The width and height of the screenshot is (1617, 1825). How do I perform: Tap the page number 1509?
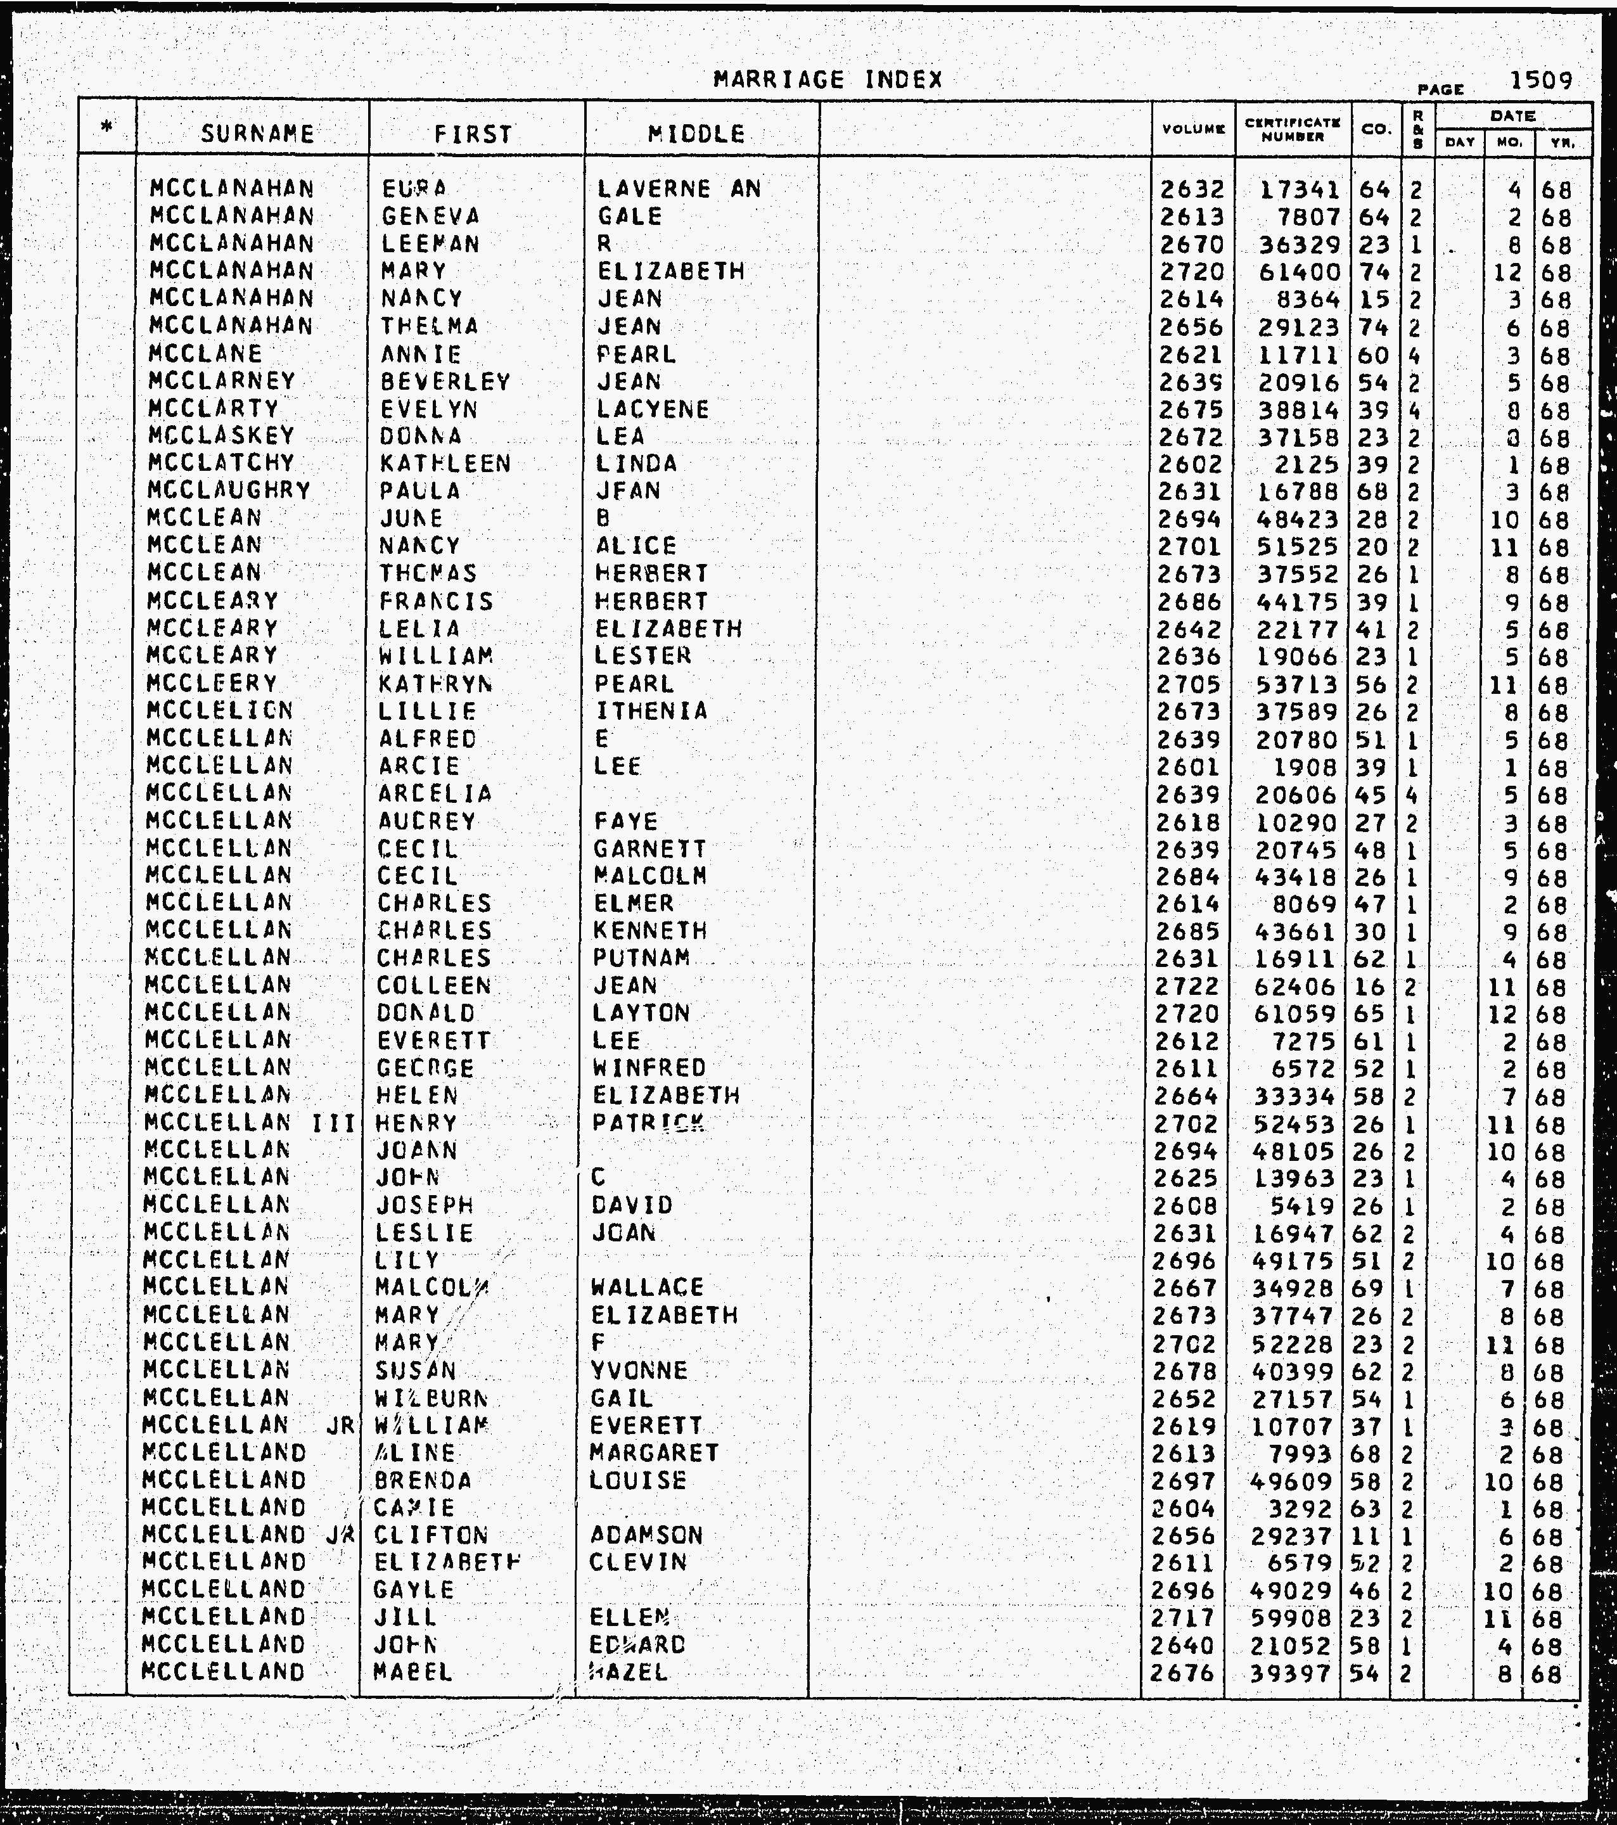coord(1540,80)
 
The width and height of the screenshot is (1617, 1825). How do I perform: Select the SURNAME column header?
coord(257,134)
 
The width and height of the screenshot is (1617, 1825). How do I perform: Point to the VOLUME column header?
coord(1192,129)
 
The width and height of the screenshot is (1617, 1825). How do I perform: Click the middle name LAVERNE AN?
coord(679,189)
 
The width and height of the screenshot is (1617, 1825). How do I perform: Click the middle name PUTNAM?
coord(641,958)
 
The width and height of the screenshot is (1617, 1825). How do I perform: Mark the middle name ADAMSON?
coord(646,1535)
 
